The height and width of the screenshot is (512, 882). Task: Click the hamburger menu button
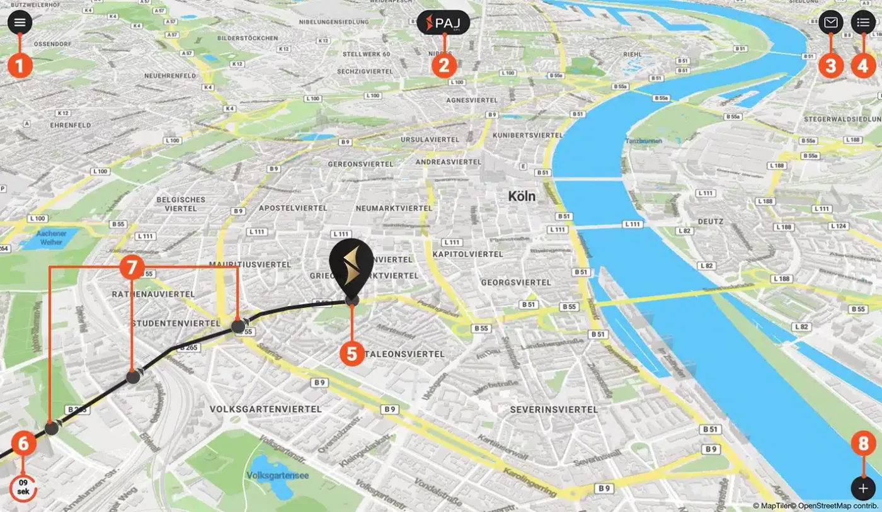coord(20,23)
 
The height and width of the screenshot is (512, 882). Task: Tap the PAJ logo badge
coord(444,23)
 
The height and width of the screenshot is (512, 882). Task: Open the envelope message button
coord(831,23)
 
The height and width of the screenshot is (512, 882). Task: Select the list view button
coord(863,23)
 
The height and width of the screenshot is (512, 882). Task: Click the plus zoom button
coord(863,488)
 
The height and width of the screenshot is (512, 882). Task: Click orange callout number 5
coord(352,353)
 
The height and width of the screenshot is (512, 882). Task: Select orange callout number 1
coord(20,65)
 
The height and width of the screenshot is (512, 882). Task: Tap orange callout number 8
coord(863,443)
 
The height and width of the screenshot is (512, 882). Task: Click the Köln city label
coord(522,196)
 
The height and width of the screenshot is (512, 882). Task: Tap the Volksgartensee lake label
coord(278,475)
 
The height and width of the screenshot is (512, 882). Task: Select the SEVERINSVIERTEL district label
coord(554,409)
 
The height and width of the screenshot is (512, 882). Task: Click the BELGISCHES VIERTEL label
coord(181,203)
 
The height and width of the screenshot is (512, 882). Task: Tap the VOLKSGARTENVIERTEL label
coord(265,409)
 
